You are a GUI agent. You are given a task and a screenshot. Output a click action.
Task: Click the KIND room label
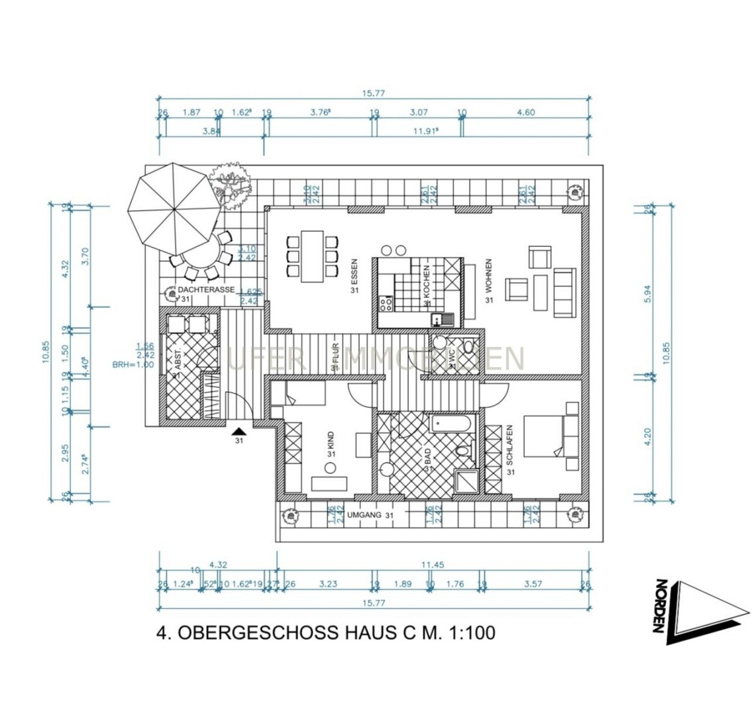pyautogui.click(x=330, y=442)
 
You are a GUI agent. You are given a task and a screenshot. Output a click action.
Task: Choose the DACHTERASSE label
pyautogui.click(x=197, y=291)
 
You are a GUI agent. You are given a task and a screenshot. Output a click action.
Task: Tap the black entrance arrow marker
pyautogui.click(x=239, y=432)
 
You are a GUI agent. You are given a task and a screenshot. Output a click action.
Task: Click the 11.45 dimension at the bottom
pyautogui.click(x=431, y=565)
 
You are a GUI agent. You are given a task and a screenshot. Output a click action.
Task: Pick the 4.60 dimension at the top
pyautogui.click(x=525, y=113)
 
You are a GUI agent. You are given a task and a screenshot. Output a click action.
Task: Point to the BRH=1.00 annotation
pyautogui.click(x=133, y=364)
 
